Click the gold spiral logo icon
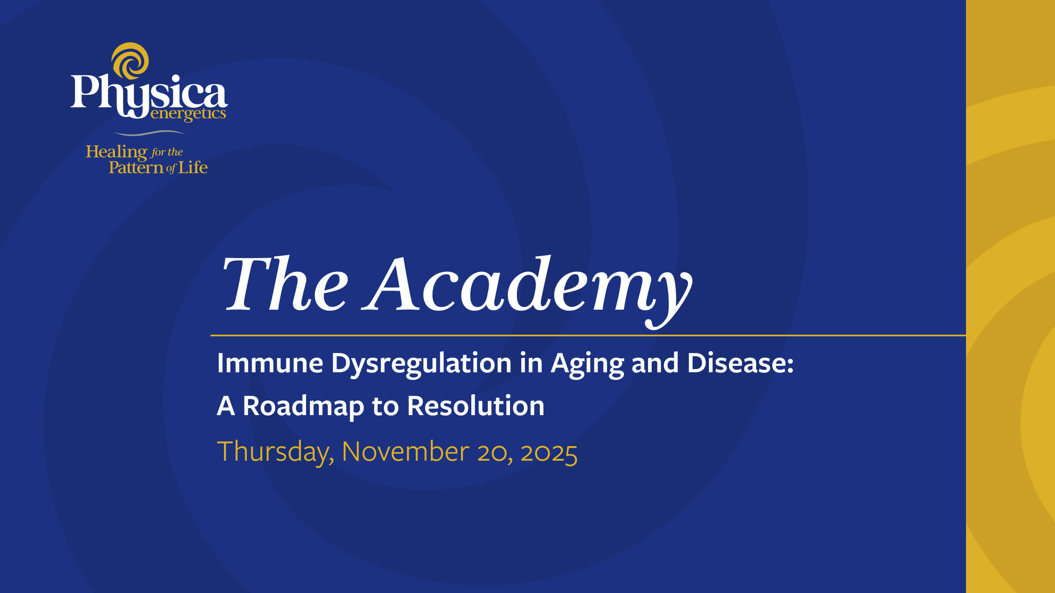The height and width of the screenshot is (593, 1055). (x=130, y=61)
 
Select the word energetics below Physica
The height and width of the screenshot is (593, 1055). (x=188, y=113)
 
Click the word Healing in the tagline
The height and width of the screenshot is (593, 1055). (x=116, y=152)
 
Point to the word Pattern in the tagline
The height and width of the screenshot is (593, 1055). (x=135, y=167)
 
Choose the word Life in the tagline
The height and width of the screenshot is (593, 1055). (x=193, y=167)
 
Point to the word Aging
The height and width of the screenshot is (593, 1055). (x=587, y=364)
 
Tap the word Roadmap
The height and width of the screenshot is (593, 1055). (x=303, y=406)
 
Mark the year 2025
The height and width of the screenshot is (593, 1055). (x=549, y=453)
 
